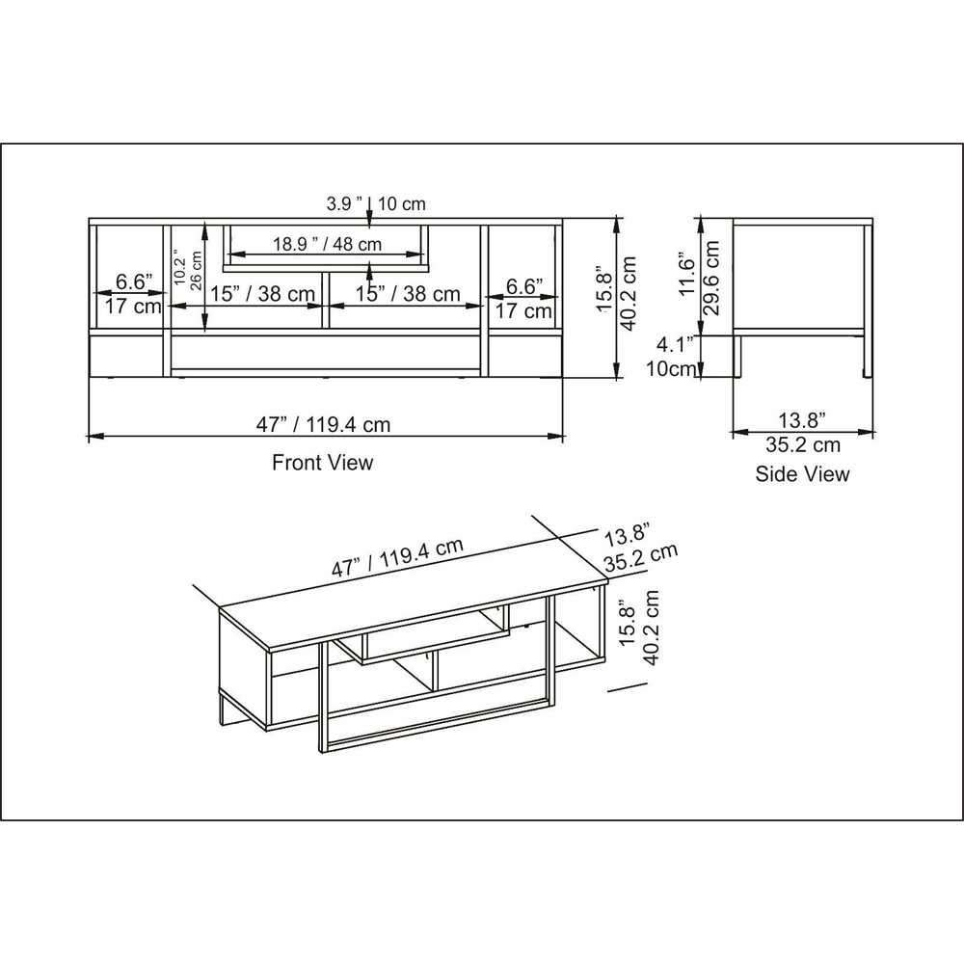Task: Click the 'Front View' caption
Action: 322,463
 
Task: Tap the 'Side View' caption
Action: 802,473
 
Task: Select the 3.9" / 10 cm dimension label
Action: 376,203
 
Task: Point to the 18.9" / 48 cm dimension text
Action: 327,244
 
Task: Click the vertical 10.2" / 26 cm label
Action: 186,272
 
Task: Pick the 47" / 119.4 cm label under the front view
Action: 323,424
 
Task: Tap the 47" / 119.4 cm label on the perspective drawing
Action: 398,558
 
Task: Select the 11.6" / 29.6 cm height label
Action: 701,273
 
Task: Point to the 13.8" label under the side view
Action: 801,419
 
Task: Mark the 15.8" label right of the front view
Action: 604,289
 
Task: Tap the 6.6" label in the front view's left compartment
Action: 134,282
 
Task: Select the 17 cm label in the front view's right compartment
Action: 523,310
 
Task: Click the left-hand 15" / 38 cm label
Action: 262,294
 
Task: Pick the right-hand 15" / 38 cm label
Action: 407,294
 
